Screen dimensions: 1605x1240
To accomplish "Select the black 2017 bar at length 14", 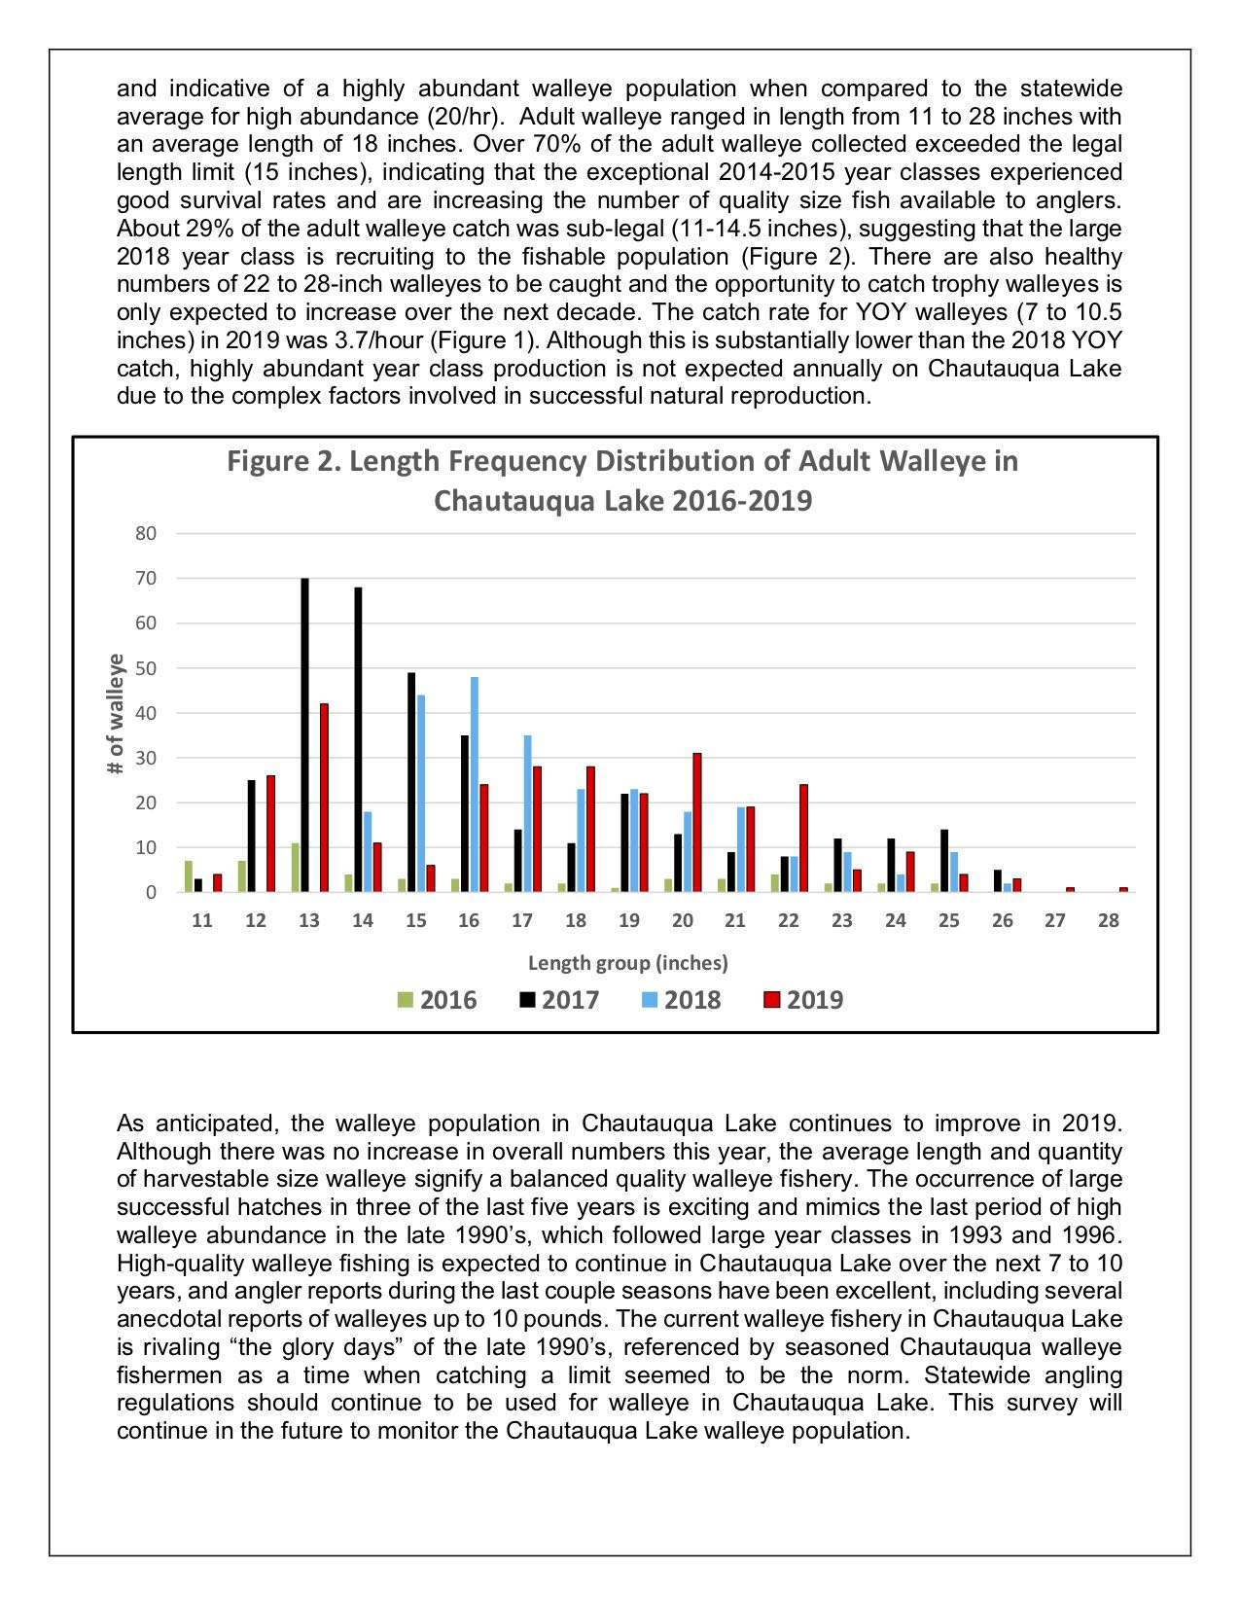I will pos(358,739).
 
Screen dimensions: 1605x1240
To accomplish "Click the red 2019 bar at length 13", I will pos(324,798).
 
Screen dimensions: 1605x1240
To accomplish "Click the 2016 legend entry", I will pos(437,1000).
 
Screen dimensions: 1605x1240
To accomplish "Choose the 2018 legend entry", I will pos(681,1000).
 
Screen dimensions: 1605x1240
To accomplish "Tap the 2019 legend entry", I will pos(803,1000).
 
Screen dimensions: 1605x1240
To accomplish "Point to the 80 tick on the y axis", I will pos(146,533).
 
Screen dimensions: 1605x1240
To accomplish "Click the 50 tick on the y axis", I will pos(146,668).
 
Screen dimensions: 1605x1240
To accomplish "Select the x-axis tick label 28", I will pos(1109,920).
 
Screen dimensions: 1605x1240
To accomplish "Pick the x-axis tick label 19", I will pos(629,920).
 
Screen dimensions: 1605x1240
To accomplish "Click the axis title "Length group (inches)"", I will pos(627,963).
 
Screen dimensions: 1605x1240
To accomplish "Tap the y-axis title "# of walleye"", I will pos(116,713).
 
